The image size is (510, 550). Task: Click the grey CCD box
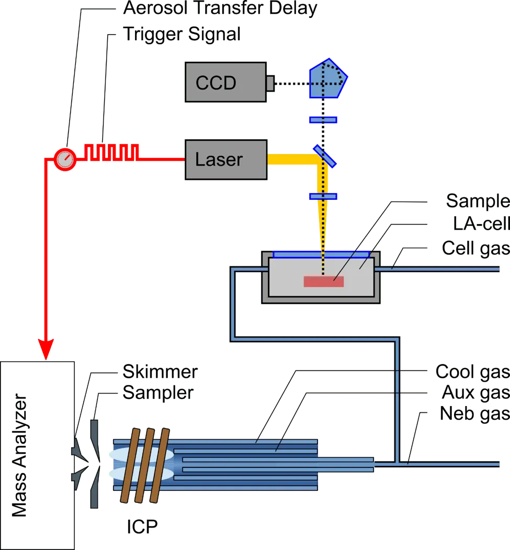pyautogui.click(x=226, y=82)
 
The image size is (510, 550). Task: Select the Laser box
pyautogui.click(x=226, y=160)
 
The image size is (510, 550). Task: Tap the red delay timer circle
pyautogui.click(x=65, y=160)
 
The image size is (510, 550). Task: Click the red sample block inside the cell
pyautogui.click(x=324, y=282)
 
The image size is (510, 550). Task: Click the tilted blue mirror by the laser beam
pyautogui.click(x=325, y=156)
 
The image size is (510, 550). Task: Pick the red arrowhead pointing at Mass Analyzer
pyautogui.click(x=46, y=349)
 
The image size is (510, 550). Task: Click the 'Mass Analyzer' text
pyautogui.click(x=19, y=455)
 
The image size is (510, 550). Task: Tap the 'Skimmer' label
pyautogui.click(x=160, y=372)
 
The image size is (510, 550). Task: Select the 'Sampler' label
pyautogui.click(x=158, y=392)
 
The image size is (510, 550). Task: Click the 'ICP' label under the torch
pyautogui.click(x=142, y=526)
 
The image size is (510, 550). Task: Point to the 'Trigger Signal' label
pyautogui.click(x=182, y=35)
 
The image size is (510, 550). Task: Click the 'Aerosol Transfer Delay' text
pyautogui.click(x=220, y=8)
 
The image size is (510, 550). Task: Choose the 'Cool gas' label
pyautogui.click(x=472, y=372)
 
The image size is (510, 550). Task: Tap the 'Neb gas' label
pyautogui.click(x=475, y=414)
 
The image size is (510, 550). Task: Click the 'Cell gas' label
pyautogui.click(x=475, y=249)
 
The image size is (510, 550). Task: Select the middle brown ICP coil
pyautogui.click(x=145, y=465)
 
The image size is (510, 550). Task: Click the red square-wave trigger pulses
pyautogui.click(x=111, y=152)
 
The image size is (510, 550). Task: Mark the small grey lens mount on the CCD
pyautogui.click(x=270, y=83)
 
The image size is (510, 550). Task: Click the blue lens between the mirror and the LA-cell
pyautogui.click(x=323, y=196)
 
